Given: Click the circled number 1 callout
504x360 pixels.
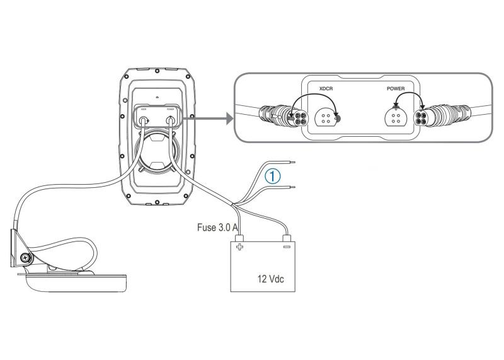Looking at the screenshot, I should pos(272,177).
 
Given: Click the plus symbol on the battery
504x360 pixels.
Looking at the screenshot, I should pos(239,248).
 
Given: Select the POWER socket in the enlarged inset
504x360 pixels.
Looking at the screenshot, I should pos(394,117).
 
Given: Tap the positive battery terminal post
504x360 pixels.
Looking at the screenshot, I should pos(239,239).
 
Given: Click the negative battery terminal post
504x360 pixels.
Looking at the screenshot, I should pos(287,239).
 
